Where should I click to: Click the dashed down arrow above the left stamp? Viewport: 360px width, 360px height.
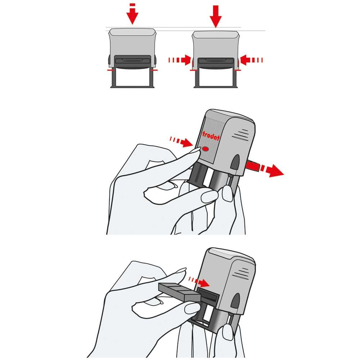pos(132,14)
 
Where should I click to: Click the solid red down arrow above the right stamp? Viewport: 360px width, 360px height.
pos(216,16)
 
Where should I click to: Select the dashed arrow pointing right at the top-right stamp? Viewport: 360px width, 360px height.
pos(180,60)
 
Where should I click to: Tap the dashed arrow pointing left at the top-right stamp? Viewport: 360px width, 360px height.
pos(251,60)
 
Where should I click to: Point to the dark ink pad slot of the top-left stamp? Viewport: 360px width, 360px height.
pos(132,61)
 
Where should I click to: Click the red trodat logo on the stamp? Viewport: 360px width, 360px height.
pos(211,136)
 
